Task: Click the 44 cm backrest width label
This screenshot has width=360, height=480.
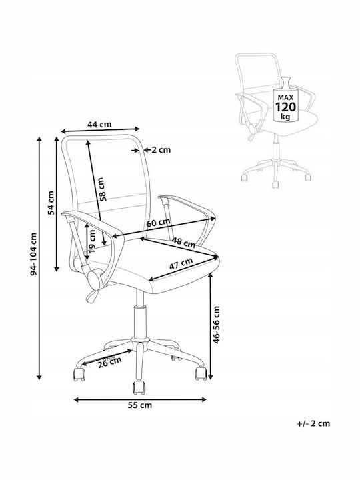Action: pyautogui.click(x=99, y=124)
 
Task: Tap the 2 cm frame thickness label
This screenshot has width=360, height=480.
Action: pyautogui.click(x=161, y=150)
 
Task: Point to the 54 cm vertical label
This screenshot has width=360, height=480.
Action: pyautogui.click(x=51, y=203)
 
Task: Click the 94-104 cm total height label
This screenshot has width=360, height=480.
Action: pyautogui.click(x=34, y=254)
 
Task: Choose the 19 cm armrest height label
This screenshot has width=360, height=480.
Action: pyautogui.click(x=91, y=240)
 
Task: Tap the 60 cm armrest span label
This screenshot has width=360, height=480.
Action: pyautogui.click(x=158, y=222)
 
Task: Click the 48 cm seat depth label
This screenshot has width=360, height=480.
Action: pyautogui.click(x=183, y=242)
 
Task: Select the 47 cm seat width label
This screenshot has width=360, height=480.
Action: pyautogui.click(x=181, y=263)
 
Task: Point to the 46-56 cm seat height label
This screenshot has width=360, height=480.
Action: pyautogui.click(x=216, y=324)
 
